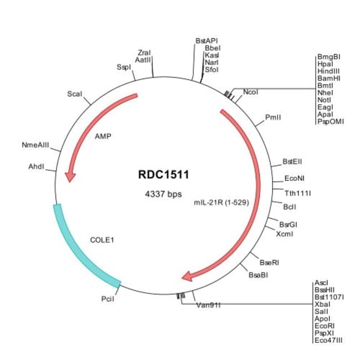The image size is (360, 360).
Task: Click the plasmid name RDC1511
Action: point(163,174)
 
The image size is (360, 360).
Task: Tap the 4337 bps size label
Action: point(163,194)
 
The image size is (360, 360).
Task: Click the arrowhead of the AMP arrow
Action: point(70,177)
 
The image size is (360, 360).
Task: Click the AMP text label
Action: point(103,136)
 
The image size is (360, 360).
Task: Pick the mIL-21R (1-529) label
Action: point(222,203)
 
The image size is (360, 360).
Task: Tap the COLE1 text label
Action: point(102,240)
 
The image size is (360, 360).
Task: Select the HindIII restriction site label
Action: point(328,71)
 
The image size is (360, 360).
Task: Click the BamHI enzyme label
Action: point(329,78)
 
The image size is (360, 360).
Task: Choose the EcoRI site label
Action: point(325,326)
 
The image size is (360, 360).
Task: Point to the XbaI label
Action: point(322,305)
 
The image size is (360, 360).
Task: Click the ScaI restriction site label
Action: point(75,94)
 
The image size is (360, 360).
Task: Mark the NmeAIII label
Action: point(35,145)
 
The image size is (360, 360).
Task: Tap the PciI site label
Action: point(107,299)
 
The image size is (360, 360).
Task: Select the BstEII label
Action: point(292,162)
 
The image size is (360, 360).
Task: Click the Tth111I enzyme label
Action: point(297,193)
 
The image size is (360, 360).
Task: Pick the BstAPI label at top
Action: point(207,41)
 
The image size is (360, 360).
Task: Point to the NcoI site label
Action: point(250,92)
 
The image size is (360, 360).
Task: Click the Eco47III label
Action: point(328,340)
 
